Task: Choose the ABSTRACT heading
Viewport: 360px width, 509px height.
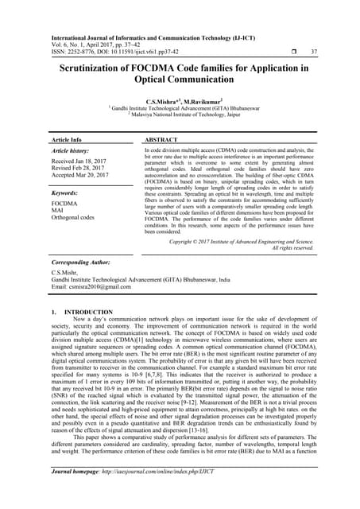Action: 162,138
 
